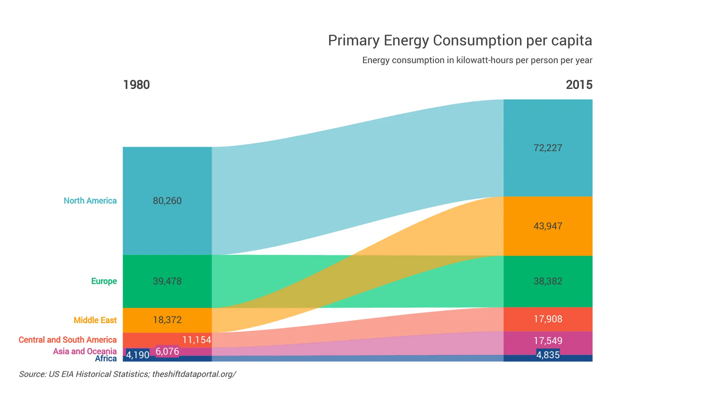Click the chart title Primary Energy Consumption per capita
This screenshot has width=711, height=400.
pyautogui.click(x=460, y=41)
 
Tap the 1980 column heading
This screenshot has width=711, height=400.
pyautogui.click(x=136, y=85)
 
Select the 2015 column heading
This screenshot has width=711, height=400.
pyautogui.click(x=579, y=85)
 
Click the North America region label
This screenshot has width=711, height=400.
pyautogui.click(x=90, y=201)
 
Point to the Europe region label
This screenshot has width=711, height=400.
pyautogui.click(x=104, y=281)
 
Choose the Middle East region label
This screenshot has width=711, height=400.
pyautogui.click(x=95, y=320)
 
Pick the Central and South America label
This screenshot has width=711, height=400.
pyautogui.click(x=68, y=340)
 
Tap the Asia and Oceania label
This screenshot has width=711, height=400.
pyautogui.click(x=85, y=351)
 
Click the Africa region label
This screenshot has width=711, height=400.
pyautogui.click(x=106, y=359)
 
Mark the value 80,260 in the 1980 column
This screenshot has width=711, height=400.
pyautogui.click(x=167, y=201)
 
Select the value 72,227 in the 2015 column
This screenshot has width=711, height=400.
pyautogui.click(x=548, y=148)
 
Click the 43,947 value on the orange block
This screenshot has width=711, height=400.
pyautogui.click(x=548, y=226)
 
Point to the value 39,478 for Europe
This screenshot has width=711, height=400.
pyautogui.click(x=167, y=281)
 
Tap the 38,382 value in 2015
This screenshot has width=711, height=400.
pyautogui.click(x=548, y=281)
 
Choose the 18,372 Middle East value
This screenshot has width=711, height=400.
pyautogui.click(x=167, y=320)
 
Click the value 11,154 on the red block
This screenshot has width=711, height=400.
pyautogui.click(x=196, y=340)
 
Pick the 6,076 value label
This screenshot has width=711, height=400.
pyautogui.click(x=167, y=351)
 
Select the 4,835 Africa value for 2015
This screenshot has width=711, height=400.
pyautogui.click(x=548, y=355)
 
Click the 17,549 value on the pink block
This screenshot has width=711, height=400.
pyautogui.click(x=548, y=341)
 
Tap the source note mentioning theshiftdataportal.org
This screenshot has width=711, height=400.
pyautogui.click(x=127, y=374)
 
